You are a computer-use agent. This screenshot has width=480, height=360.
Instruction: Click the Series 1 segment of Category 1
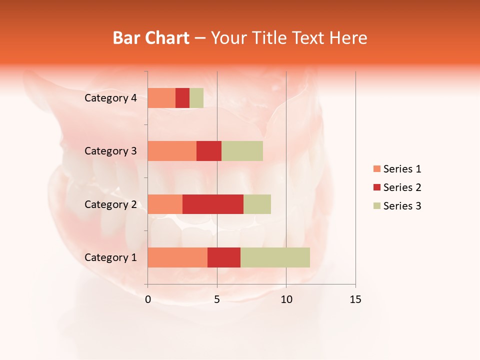(177, 257)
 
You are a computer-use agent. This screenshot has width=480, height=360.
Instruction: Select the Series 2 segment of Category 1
(224, 257)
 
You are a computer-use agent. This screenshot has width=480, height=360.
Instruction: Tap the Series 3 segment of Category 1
(275, 257)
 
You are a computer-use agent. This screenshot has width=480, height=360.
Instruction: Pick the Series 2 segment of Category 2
(213, 204)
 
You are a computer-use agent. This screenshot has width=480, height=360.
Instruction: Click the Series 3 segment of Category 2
(257, 204)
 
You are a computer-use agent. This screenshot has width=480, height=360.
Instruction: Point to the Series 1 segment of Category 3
(172, 151)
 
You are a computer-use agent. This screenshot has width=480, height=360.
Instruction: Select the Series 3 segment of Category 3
(242, 151)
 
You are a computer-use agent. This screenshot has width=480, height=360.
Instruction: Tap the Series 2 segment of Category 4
(182, 98)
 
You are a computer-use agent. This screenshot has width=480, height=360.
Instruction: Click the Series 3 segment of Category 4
(196, 98)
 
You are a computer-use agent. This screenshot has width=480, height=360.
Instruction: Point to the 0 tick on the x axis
(148, 300)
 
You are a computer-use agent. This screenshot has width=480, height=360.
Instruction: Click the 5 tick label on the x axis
(217, 300)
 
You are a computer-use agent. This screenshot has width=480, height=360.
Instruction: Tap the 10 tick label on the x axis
(286, 300)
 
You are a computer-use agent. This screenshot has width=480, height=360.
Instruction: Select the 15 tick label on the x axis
(355, 300)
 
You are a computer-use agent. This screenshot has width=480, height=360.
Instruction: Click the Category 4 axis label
(110, 98)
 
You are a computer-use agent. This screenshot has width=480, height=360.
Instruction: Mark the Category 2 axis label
(110, 204)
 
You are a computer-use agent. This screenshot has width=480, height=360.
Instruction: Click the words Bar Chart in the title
(151, 38)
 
